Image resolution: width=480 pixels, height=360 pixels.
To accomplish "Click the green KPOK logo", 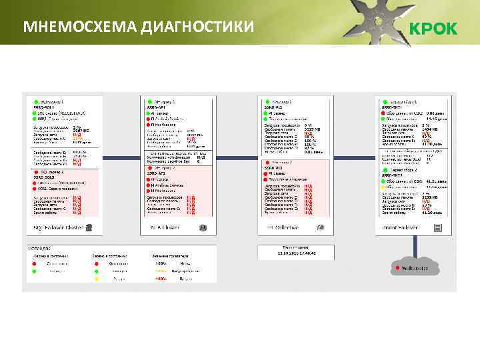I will (433, 29).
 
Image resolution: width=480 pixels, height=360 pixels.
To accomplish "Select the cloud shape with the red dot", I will (415, 268).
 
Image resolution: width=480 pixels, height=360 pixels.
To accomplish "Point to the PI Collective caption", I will (283, 227).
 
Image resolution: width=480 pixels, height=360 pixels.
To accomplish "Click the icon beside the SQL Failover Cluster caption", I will (88, 227).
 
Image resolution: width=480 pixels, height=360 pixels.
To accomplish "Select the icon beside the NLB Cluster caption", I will (203, 227).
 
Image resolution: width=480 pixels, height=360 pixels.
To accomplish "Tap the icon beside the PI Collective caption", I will (321, 227).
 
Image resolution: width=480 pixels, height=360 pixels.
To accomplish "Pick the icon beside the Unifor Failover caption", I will (437, 227).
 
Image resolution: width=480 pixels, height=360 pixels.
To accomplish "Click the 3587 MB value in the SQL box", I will (81, 131).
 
